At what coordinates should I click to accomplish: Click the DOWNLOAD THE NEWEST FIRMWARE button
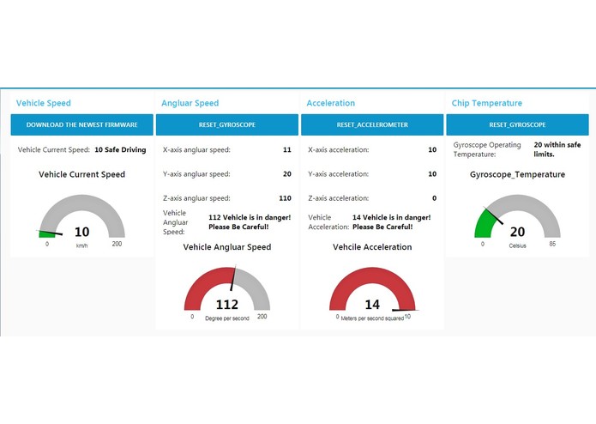click(x=81, y=124)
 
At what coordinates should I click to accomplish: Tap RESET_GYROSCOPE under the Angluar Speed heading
click(x=226, y=124)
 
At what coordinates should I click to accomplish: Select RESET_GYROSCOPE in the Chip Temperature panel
click(x=517, y=124)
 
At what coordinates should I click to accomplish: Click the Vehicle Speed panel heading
click(x=44, y=103)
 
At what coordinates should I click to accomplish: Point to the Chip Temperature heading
click(x=486, y=103)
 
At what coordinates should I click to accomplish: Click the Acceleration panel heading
click(x=330, y=103)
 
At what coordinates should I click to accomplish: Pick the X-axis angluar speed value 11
click(x=286, y=149)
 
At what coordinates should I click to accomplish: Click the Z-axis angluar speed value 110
click(x=285, y=198)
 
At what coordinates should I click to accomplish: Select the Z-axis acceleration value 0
click(x=434, y=198)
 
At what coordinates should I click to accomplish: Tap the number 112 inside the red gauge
click(x=226, y=304)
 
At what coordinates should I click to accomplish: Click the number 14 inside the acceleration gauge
click(x=372, y=304)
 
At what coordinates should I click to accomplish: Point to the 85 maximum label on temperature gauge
click(x=553, y=244)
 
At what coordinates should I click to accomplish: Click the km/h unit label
click(x=81, y=245)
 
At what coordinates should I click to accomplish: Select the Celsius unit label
click(x=517, y=245)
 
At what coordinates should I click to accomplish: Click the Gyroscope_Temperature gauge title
click(x=517, y=174)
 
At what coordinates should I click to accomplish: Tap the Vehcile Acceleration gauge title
click(x=372, y=247)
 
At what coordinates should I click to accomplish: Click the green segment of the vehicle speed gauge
click(x=46, y=233)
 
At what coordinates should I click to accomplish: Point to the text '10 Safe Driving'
click(x=120, y=149)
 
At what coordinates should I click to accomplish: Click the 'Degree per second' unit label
click(x=226, y=317)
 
